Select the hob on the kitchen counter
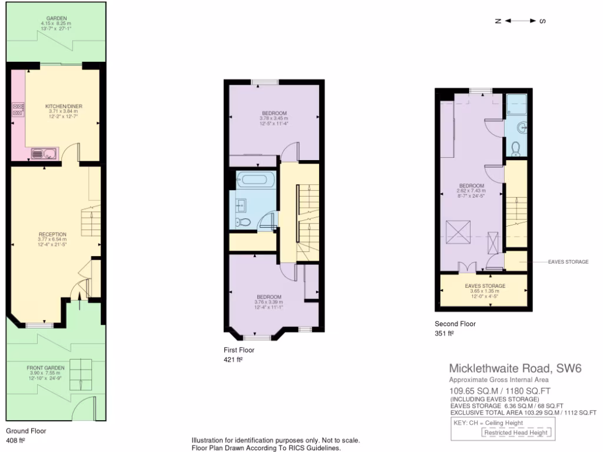18,108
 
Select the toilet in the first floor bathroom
242,222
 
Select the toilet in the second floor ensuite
515,147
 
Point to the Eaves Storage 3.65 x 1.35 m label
485,289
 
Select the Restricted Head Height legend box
516,433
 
